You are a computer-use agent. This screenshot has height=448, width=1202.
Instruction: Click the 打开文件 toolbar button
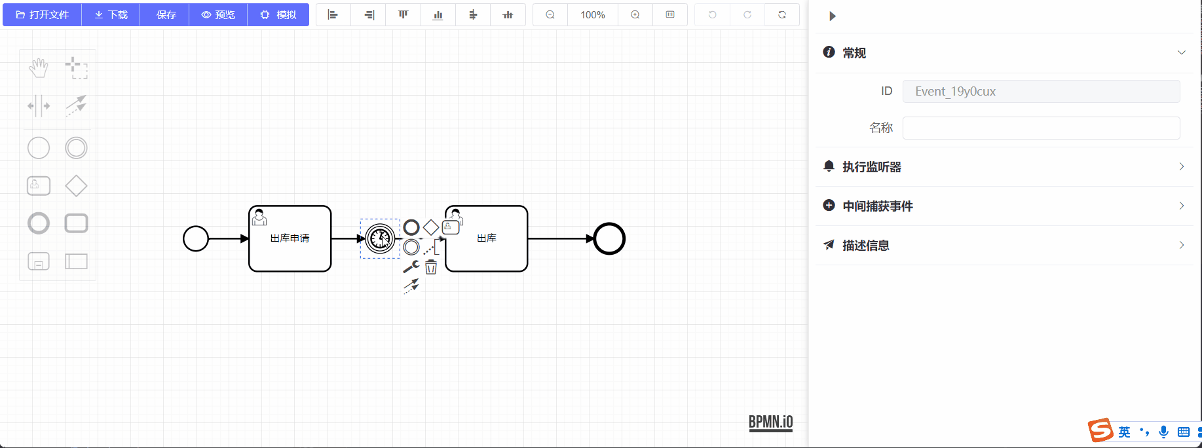pyautogui.click(x=43, y=14)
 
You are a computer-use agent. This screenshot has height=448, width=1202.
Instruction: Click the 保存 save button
pyautogui.click(x=165, y=14)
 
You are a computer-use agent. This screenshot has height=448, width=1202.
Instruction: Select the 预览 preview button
pyautogui.click(x=218, y=14)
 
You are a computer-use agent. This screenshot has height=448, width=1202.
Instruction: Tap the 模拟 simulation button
pyautogui.click(x=278, y=14)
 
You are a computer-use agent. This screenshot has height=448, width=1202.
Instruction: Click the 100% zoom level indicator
pyautogui.click(x=593, y=14)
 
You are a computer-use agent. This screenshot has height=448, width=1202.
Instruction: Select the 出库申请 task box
pyautogui.click(x=290, y=238)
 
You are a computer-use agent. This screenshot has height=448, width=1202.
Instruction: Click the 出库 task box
pyautogui.click(x=487, y=238)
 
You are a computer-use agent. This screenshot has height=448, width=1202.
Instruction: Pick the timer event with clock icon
pyautogui.click(x=380, y=238)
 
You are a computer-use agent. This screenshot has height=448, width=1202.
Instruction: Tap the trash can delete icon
pyautogui.click(x=431, y=267)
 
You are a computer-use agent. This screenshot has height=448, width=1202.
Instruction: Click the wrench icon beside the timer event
pyautogui.click(x=411, y=267)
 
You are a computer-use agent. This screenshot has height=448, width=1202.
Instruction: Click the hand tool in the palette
pyautogui.click(x=39, y=67)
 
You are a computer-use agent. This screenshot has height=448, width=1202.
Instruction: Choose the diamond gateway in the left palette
pyautogui.click(x=76, y=186)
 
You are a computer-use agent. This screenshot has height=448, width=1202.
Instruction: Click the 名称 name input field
pyautogui.click(x=1041, y=128)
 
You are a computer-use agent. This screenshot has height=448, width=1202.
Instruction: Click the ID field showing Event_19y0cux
pyautogui.click(x=1041, y=91)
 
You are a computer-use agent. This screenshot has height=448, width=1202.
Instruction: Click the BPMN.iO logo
pyautogui.click(x=771, y=422)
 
